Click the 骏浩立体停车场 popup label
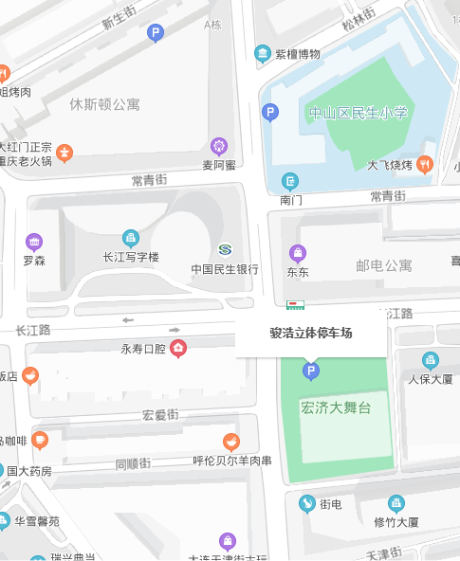pos(310,334)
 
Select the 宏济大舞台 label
pos(335,408)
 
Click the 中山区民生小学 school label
pos(358,114)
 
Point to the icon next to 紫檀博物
pos(263,53)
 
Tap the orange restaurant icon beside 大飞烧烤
pos(425,164)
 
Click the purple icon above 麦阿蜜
pos(219,146)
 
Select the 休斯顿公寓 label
pos(105,104)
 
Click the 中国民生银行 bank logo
pos(224,249)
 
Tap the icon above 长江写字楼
pos(131,238)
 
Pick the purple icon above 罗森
pos(34,241)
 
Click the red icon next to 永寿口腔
pos(177,349)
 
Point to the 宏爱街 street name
pos(160,414)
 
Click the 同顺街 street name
pos(133,463)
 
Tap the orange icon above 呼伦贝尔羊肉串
pos(231,442)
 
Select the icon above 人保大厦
pos(430,360)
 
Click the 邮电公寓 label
pos(383,266)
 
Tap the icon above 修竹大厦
pos(396,503)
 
